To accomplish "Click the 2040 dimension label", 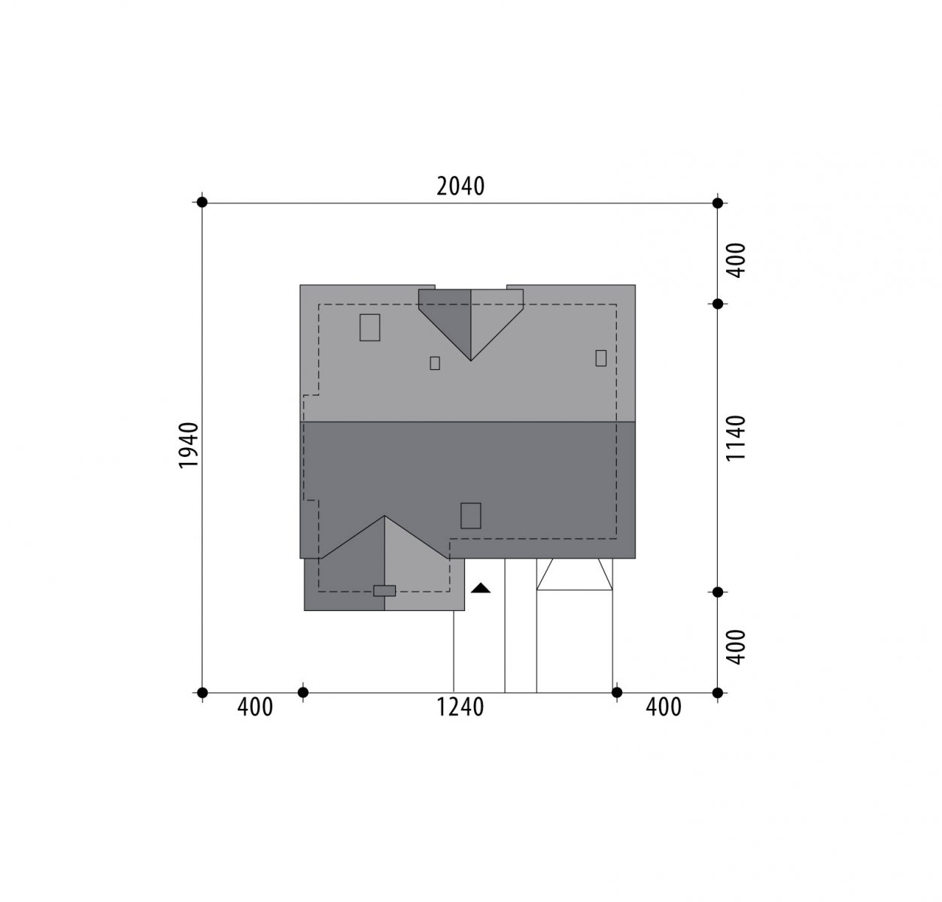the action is (x=460, y=186).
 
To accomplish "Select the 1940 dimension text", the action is (x=189, y=445).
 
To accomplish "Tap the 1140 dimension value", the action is (x=735, y=437).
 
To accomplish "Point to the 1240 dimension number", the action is (x=460, y=707).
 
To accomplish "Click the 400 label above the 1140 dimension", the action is (x=737, y=260).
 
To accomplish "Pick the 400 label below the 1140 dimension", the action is (x=737, y=647).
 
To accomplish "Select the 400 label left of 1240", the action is (x=255, y=707).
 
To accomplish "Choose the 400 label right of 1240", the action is (x=664, y=707).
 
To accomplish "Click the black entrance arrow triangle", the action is (x=480, y=588).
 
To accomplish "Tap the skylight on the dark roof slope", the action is (x=470, y=516).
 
